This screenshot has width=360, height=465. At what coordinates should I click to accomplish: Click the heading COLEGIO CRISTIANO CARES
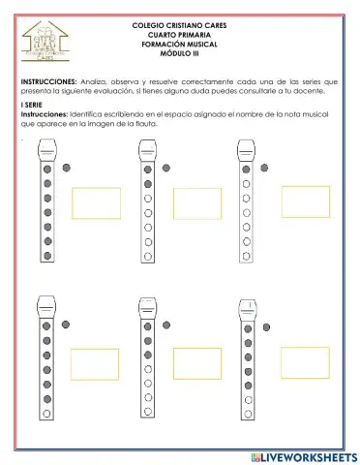[180, 23]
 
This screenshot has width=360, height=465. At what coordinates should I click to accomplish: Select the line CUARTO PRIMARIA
[180, 34]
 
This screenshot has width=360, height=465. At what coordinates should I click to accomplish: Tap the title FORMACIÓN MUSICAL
[180, 45]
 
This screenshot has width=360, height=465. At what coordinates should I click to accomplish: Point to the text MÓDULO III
[180, 55]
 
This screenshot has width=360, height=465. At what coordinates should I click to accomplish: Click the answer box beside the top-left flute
[96, 202]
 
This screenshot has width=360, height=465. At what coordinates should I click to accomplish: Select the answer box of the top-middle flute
[197, 202]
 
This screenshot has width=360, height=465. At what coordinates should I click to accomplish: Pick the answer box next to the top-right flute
[305, 201]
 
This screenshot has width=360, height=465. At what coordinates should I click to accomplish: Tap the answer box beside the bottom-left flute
[95, 364]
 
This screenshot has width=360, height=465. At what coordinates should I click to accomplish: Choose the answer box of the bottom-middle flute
[197, 364]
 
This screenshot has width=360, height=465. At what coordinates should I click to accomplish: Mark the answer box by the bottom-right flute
[305, 362]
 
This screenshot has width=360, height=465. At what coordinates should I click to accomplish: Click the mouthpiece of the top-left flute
[45, 150]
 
